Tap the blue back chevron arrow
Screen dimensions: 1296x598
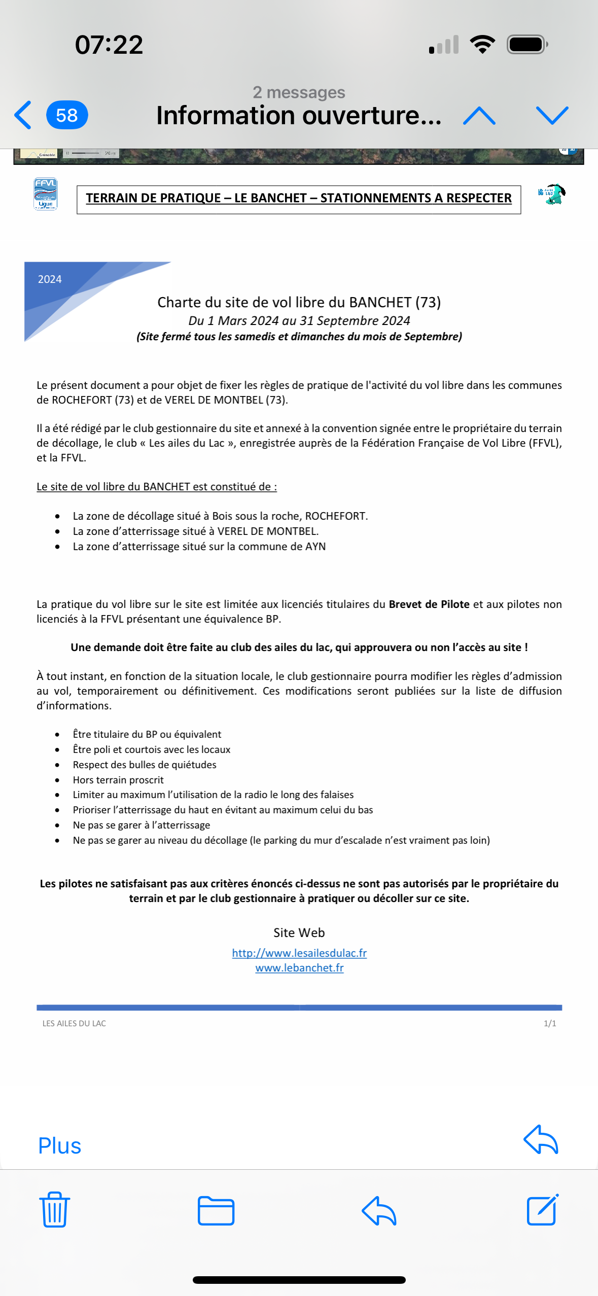coord(23,115)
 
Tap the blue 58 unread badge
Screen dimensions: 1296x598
coord(67,115)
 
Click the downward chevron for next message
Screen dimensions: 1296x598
coord(552,116)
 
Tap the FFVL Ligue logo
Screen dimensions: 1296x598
coord(45,194)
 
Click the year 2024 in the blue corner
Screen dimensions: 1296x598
coord(50,279)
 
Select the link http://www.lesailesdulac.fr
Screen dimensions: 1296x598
coord(299,953)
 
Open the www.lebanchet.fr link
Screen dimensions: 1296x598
coord(299,967)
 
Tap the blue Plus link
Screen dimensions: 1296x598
coord(60,1146)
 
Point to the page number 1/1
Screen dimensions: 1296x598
coord(550,1023)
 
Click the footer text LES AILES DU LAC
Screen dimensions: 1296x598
coord(74,1023)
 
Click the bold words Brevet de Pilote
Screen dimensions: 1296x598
coord(429,604)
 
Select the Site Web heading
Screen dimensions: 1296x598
coord(299,932)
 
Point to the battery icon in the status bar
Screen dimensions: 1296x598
coord(527,45)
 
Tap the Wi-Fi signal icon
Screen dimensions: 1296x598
coord(482,45)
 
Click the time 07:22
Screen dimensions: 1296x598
coord(109,45)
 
